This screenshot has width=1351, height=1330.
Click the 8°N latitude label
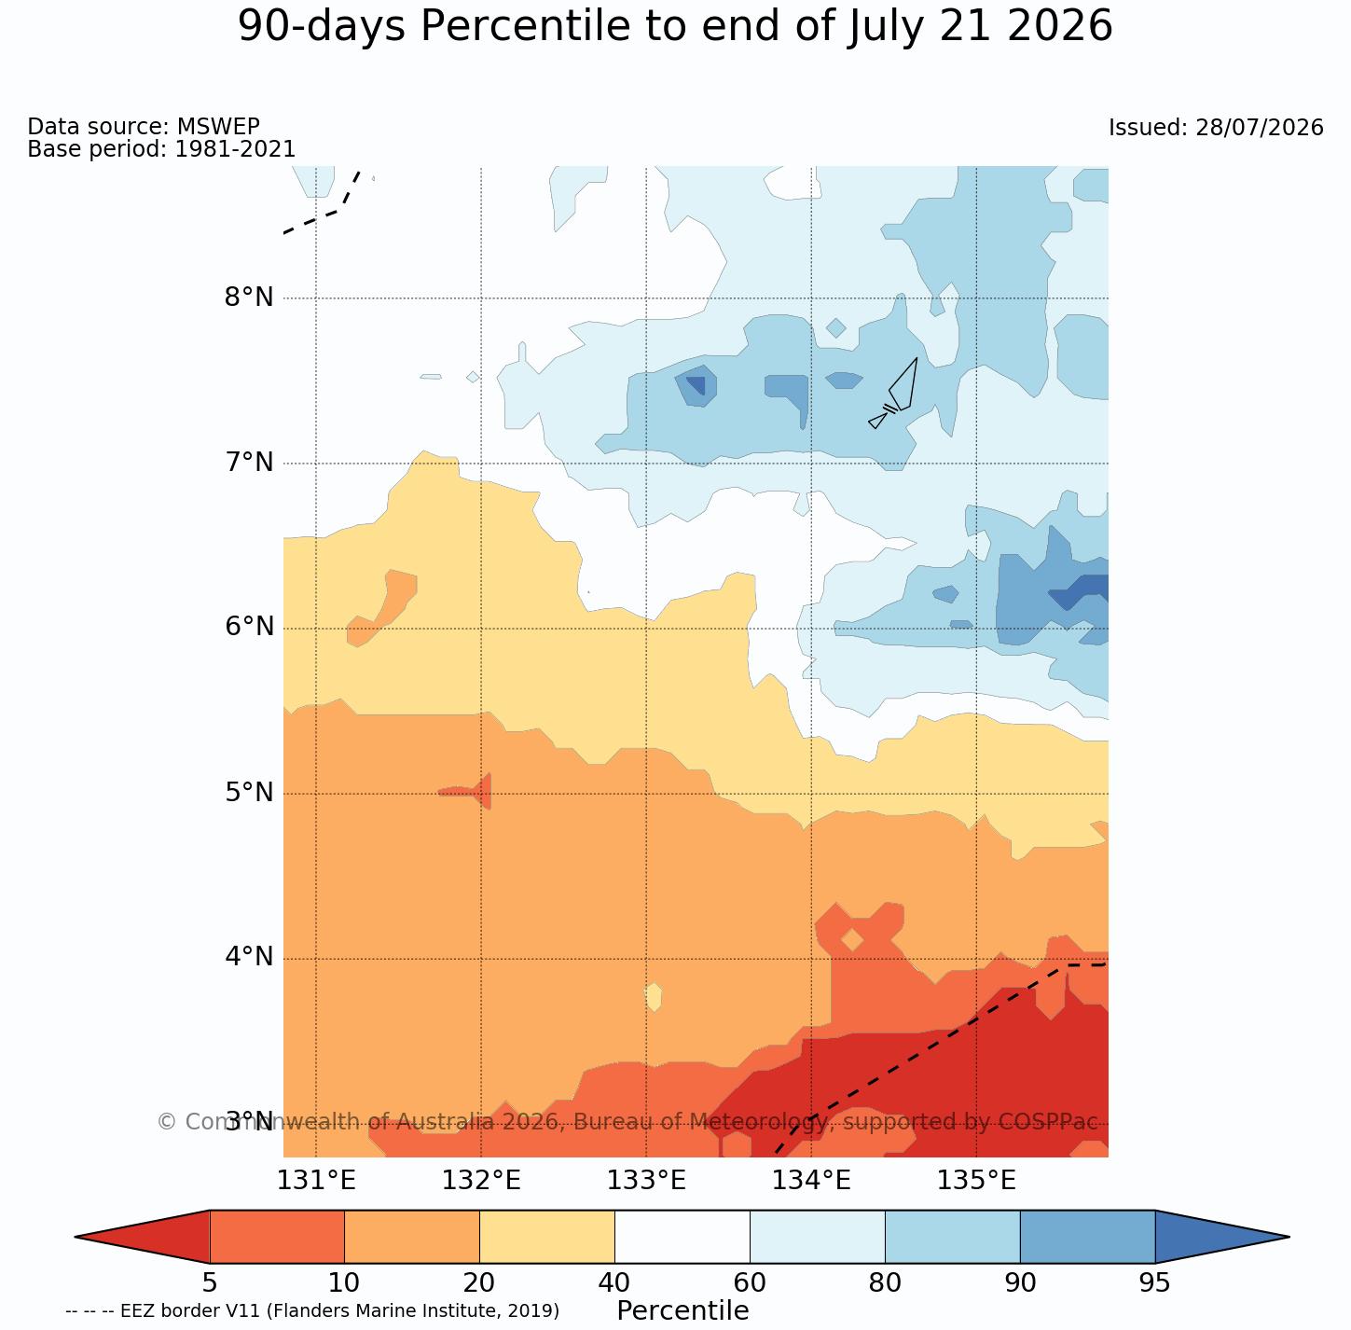click(249, 298)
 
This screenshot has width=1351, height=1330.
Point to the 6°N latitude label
click(249, 627)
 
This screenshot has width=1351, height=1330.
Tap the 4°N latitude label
click(249, 957)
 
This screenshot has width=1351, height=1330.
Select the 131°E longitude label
click(316, 1182)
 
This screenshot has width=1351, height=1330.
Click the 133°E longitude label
click(646, 1182)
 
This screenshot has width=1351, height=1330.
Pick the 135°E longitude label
click(976, 1182)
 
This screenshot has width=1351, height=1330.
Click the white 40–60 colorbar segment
click(682, 1237)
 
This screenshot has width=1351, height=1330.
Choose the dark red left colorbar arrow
click(143, 1237)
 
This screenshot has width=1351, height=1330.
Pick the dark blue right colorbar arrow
click(1222, 1237)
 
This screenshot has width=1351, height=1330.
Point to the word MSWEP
click(218, 126)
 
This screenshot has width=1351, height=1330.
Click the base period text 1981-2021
click(235, 149)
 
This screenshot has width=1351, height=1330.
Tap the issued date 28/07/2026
click(1259, 128)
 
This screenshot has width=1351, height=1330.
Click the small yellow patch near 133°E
click(654, 996)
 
